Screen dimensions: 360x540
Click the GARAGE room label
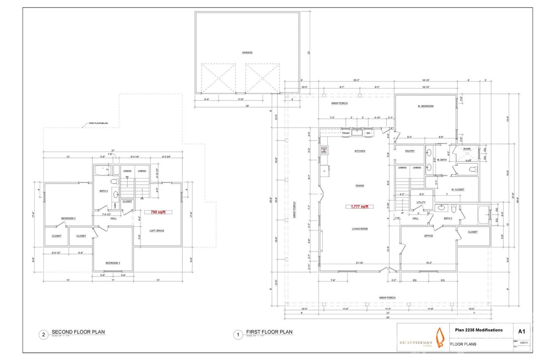pos(247,53)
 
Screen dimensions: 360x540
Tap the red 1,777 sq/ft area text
pos(359,206)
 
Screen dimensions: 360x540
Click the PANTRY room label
pos(410,151)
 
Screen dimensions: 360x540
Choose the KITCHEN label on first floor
pos(359,151)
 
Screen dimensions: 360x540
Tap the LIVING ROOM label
pos(360,229)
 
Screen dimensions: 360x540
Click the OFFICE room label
pos(429,236)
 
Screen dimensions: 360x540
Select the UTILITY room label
pos(421,203)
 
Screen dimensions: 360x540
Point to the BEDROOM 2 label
pos(68,218)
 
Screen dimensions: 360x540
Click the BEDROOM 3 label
pos(113,263)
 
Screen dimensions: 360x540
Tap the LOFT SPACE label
pos(157,230)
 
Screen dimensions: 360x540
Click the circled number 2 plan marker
pos(43,335)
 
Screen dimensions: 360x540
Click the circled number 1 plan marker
pos(238,335)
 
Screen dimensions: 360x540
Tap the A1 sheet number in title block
pos(521,330)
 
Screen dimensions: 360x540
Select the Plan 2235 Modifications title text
pos(479,330)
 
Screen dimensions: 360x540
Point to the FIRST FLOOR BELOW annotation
pos(98,124)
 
